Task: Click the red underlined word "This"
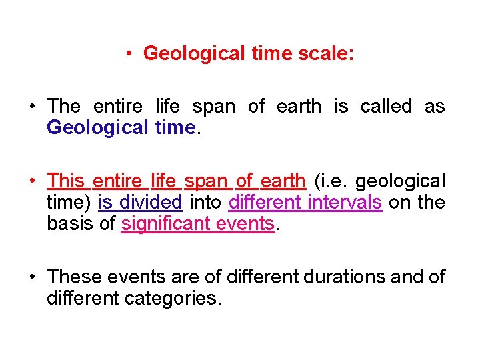[x=65, y=181]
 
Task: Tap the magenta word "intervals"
[x=344, y=202]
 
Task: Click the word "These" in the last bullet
[x=73, y=277]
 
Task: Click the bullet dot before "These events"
[x=32, y=277]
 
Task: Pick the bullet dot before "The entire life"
[x=32, y=106]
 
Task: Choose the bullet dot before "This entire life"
[x=32, y=181]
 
